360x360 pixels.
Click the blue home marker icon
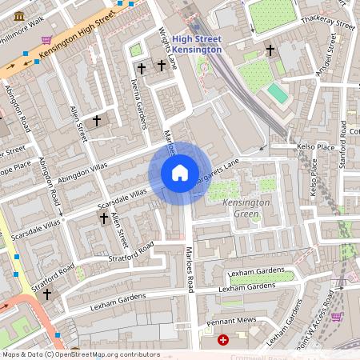(x=180, y=174)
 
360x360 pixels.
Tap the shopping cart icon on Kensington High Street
(x=47, y=39)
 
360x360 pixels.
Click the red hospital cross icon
(x=223, y=340)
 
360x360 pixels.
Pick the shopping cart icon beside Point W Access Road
(x=337, y=316)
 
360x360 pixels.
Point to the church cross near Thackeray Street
(x=270, y=50)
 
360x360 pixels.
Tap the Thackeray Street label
(x=333, y=24)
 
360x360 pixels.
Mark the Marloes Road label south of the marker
(x=190, y=270)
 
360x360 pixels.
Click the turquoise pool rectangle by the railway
(x=278, y=94)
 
